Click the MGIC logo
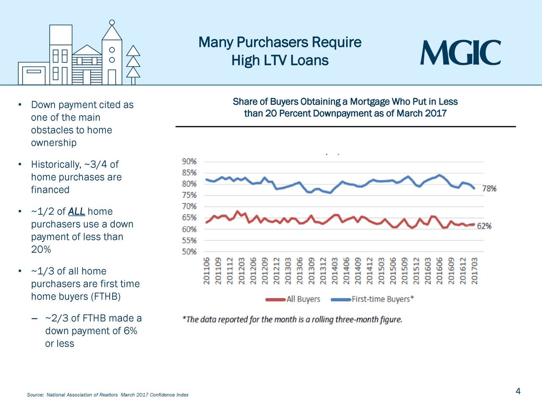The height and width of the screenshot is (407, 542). coord(460,53)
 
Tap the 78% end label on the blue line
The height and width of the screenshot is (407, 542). coord(489,189)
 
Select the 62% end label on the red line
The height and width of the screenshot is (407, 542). coord(484,226)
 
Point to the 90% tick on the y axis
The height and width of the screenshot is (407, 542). coord(189,162)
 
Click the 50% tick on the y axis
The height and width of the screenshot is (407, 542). coord(189,252)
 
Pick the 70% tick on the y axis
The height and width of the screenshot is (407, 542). coord(189,207)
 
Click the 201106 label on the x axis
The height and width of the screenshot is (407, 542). coord(207,271)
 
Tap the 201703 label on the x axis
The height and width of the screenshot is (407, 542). coord(475,271)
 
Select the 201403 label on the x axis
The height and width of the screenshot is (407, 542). coord(335,271)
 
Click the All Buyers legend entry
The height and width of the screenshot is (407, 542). coord(303,299)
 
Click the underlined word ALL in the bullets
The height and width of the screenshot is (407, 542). coord(76,212)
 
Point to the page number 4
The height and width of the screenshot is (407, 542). coord(518,391)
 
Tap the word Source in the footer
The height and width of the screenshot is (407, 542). coord(35,395)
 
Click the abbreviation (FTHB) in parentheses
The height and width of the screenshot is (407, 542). coord(105,297)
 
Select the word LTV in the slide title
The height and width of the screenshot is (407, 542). coord(275,61)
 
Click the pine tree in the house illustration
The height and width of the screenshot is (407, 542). coord(133,64)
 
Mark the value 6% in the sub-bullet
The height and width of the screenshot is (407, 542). coord(130,331)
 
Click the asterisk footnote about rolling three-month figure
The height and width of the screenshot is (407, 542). coord(292,320)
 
